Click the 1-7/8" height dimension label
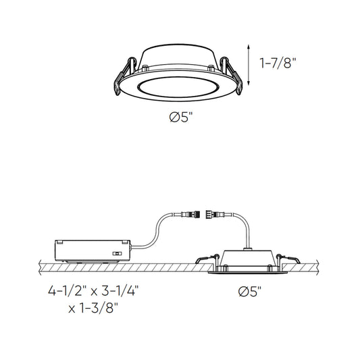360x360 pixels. (278, 63)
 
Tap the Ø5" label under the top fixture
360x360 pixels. (180, 118)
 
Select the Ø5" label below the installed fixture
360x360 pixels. (250, 292)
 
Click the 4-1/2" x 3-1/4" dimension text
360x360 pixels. (93, 291)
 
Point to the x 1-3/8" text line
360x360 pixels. (93, 308)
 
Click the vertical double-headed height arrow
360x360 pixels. (249, 66)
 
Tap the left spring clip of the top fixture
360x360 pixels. (124, 76)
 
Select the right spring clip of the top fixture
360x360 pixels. (231, 75)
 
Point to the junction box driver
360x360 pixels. (93, 251)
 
